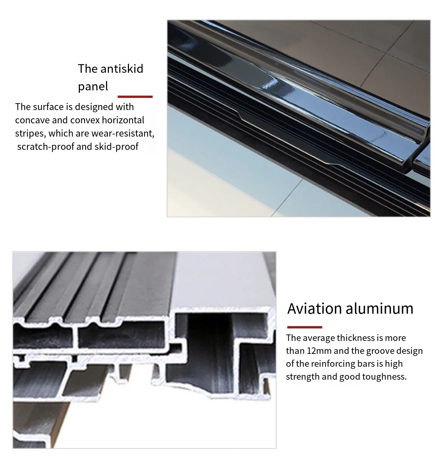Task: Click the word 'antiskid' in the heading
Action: [x=122, y=68]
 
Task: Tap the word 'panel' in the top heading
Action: [x=93, y=86]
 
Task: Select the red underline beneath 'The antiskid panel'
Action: [x=135, y=96]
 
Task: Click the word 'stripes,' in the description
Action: [x=30, y=133]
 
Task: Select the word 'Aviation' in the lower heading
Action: [x=315, y=309]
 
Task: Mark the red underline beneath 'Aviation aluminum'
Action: [x=305, y=327]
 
